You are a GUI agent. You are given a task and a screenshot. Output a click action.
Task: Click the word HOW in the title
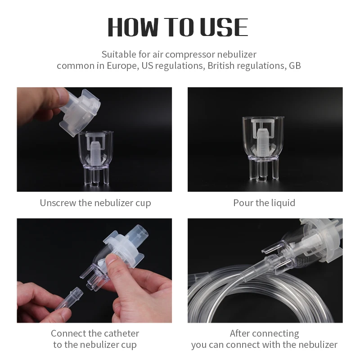pyautogui.click(x=134, y=27)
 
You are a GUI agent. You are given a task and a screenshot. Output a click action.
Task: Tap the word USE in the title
pyautogui.click(x=224, y=27)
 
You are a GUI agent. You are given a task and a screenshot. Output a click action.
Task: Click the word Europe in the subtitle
pyautogui.click(x=121, y=66)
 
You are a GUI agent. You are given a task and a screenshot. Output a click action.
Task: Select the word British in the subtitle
pyautogui.click(x=220, y=66)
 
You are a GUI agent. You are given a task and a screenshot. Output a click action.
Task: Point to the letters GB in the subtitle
pyautogui.click(x=295, y=66)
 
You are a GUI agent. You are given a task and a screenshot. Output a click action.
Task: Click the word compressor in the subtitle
pyautogui.click(x=190, y=55)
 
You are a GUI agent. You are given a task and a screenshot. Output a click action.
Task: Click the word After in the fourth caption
pyautogui.click(x=241, y=333)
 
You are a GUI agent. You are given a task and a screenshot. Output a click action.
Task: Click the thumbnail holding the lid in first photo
pyautogui.click(x=62, y=94)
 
